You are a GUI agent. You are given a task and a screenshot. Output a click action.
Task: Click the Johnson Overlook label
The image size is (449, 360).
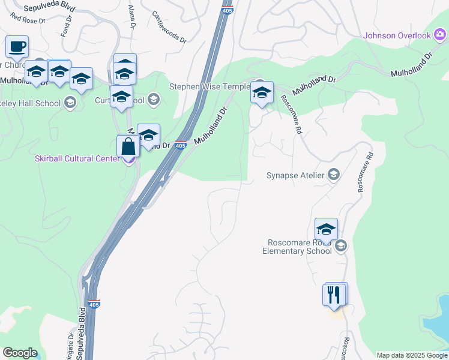point(397,35)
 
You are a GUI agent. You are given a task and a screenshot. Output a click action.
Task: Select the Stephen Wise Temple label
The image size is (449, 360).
point(209,86)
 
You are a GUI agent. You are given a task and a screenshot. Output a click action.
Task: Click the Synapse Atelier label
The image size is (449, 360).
point(295,176)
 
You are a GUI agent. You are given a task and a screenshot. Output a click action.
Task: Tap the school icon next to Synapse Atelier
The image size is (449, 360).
point(334,175)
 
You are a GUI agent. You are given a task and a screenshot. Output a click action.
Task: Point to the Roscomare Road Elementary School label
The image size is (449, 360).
point(297,247)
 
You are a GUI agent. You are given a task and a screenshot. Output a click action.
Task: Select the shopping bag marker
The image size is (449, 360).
point(129,146)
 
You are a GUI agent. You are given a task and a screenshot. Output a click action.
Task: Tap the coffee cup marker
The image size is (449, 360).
point(17,47)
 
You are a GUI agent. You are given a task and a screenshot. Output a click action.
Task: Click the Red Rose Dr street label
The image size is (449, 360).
point(28,19)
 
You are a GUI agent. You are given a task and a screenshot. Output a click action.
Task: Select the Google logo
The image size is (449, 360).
point(20,353)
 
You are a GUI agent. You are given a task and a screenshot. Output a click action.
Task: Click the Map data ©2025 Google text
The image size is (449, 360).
point(412,355)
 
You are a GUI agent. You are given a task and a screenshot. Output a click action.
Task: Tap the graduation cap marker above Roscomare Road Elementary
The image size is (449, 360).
point(326,229)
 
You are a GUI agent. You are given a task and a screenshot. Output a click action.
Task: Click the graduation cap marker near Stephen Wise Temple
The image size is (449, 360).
point(262,93)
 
